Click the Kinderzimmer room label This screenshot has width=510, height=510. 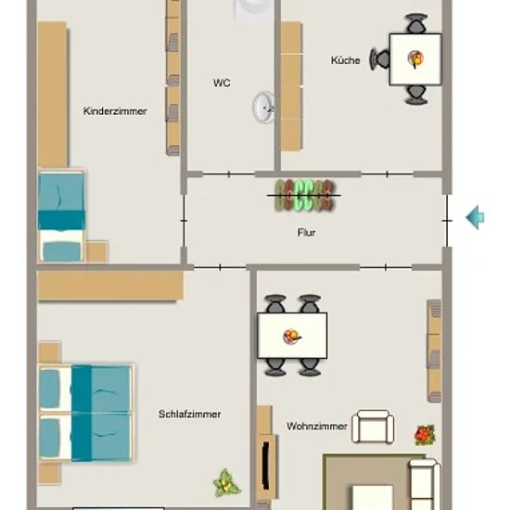(115, 111)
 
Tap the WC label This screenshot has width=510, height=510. (222, 83)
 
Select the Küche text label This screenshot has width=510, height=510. (346, 60)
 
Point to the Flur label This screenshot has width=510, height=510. (306, 233)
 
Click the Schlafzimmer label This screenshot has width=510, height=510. (190, 414)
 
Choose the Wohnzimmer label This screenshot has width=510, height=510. (317, 427)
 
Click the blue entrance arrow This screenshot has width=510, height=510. (475, 217)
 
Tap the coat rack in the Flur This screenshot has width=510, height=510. (304, 196)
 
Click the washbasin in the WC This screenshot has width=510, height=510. (263, 108)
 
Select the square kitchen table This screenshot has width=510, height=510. (415, 59)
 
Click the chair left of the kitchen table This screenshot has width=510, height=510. (379, 59)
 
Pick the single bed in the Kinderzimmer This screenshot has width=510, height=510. (62, 216)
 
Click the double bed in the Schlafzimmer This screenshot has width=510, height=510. (86, 413)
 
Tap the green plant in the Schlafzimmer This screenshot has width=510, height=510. (226, 484)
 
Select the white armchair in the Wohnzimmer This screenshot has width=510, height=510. (373, 427)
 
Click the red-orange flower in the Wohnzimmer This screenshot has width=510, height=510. (425, 435)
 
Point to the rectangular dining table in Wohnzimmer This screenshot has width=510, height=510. (292, 336)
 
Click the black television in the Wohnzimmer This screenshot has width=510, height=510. (266, 465)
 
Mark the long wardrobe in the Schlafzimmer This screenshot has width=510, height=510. (110, 286)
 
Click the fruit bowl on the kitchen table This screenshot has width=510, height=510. (415, 59)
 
